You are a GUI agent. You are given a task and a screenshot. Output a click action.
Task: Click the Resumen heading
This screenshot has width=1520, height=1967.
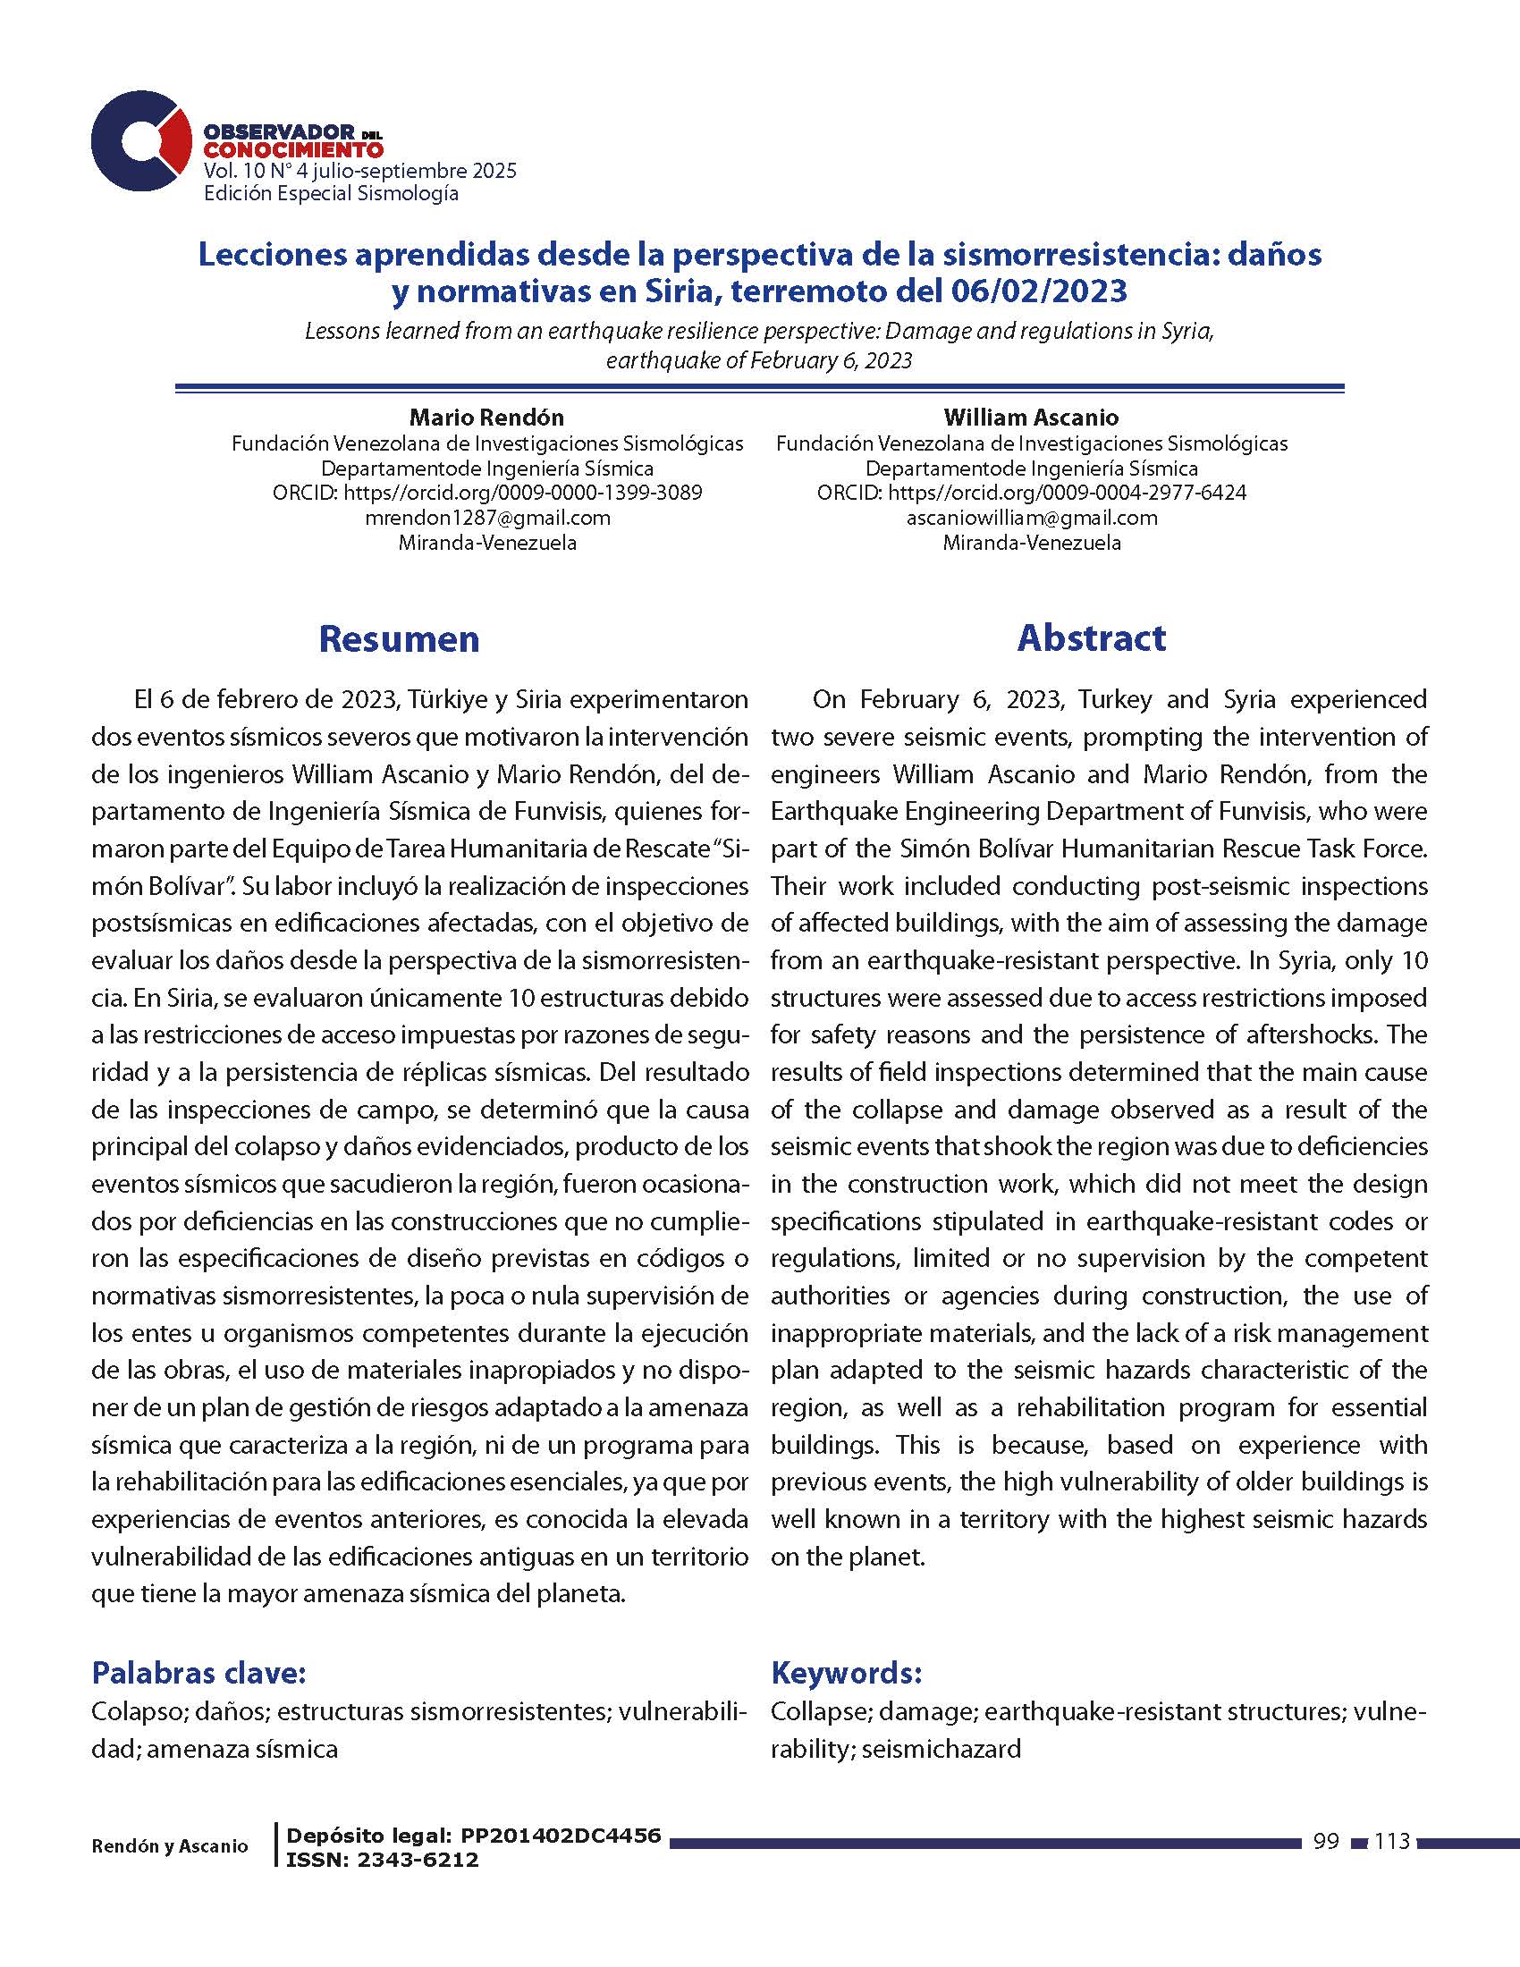(399, 638)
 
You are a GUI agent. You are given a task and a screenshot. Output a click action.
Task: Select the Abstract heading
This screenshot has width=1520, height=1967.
(1091, 637)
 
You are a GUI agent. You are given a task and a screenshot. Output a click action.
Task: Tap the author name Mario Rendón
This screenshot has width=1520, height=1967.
(486, 418)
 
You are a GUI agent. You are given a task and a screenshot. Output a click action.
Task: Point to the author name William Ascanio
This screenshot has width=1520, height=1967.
(1031, 418)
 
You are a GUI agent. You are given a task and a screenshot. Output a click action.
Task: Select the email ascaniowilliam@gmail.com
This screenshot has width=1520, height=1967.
(1031, 518)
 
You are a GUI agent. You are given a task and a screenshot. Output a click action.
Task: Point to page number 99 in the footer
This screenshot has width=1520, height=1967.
(1325, 1842)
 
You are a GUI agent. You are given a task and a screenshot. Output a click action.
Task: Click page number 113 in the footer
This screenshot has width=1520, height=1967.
(1392, 1842)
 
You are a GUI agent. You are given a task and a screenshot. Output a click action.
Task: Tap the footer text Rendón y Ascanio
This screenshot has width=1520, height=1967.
(169, 1846)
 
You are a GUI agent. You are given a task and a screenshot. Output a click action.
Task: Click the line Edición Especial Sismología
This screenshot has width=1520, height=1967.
(332, 194)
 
